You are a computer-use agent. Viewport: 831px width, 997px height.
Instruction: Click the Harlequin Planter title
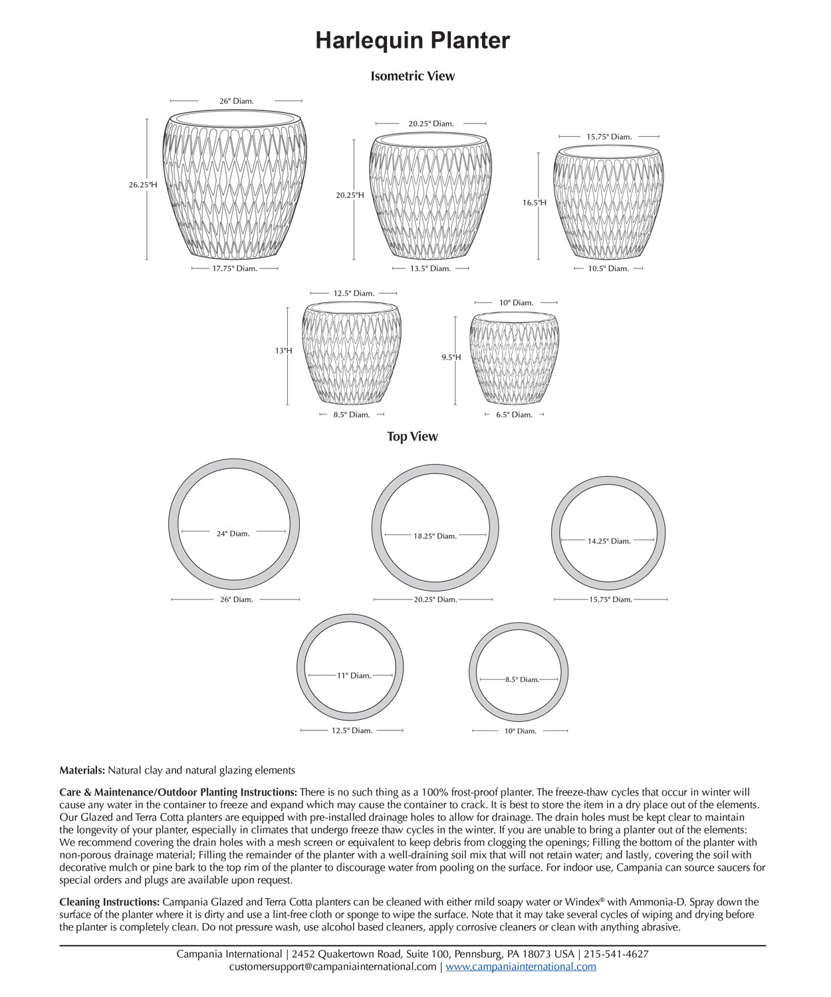pos(412,41)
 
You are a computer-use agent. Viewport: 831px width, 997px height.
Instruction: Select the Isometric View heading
pos(412,76)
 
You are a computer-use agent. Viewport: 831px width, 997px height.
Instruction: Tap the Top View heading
pos(412,437)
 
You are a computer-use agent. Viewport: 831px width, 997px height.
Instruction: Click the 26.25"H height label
pos(143,185)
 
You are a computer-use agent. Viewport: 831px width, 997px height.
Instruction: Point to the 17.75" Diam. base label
pos(235,269)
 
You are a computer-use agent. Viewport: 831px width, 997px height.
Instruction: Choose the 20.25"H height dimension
pos(350,195)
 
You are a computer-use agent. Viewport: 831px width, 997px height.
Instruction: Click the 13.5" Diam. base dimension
pos(430,269)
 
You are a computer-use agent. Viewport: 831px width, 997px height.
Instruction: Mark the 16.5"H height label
pos(534,203)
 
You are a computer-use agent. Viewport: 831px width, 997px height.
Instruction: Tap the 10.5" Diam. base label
pos(608,269)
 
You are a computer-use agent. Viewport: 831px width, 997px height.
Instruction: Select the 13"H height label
pos(284,351)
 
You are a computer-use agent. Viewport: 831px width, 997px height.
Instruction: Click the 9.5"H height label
pos(451,358)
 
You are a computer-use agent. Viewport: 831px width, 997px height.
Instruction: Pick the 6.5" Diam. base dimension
pos(514,415)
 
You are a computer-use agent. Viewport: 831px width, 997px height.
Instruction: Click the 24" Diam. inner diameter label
pos(233,534)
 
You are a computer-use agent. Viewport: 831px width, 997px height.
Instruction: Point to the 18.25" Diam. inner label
pos(435,536)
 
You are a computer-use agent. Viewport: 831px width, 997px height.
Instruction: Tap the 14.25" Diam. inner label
pos(608,541)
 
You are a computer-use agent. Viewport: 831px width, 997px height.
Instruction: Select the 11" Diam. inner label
pos(354,676)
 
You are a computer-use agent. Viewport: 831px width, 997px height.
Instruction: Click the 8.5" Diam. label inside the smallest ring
pos(522,680)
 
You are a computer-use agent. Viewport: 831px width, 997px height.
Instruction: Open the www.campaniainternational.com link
pos(521,967)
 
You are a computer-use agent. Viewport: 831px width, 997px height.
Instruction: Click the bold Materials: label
pos(82,771)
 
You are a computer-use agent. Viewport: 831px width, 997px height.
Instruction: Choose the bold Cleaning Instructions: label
pos(109,903)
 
